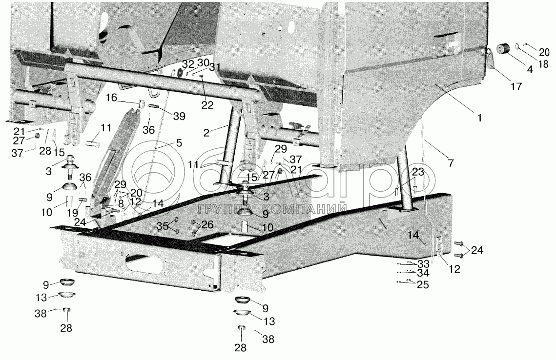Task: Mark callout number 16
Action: click(x=112, y=99)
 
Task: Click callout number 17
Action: click(x=516, y=87)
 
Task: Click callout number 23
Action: click(x=417, y=172)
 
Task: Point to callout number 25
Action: click(x=423, y=285)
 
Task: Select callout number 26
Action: click(x=207, y=225)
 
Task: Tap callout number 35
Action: click(x=163, y=226)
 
